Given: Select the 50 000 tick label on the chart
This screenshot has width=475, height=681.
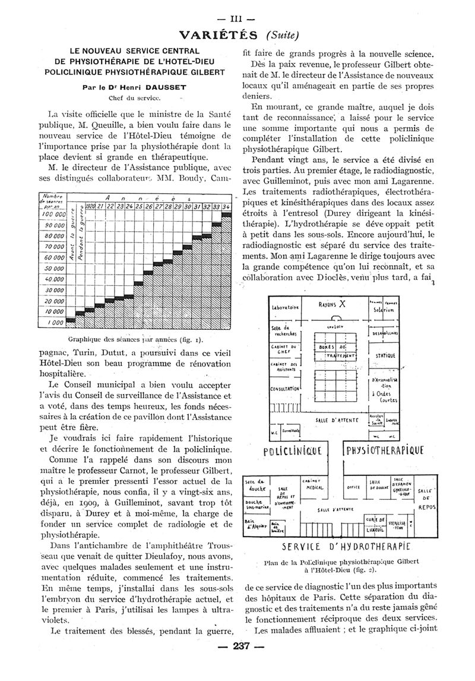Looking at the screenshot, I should [52, 269].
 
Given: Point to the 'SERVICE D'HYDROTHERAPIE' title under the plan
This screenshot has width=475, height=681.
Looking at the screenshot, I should [338, 546].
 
